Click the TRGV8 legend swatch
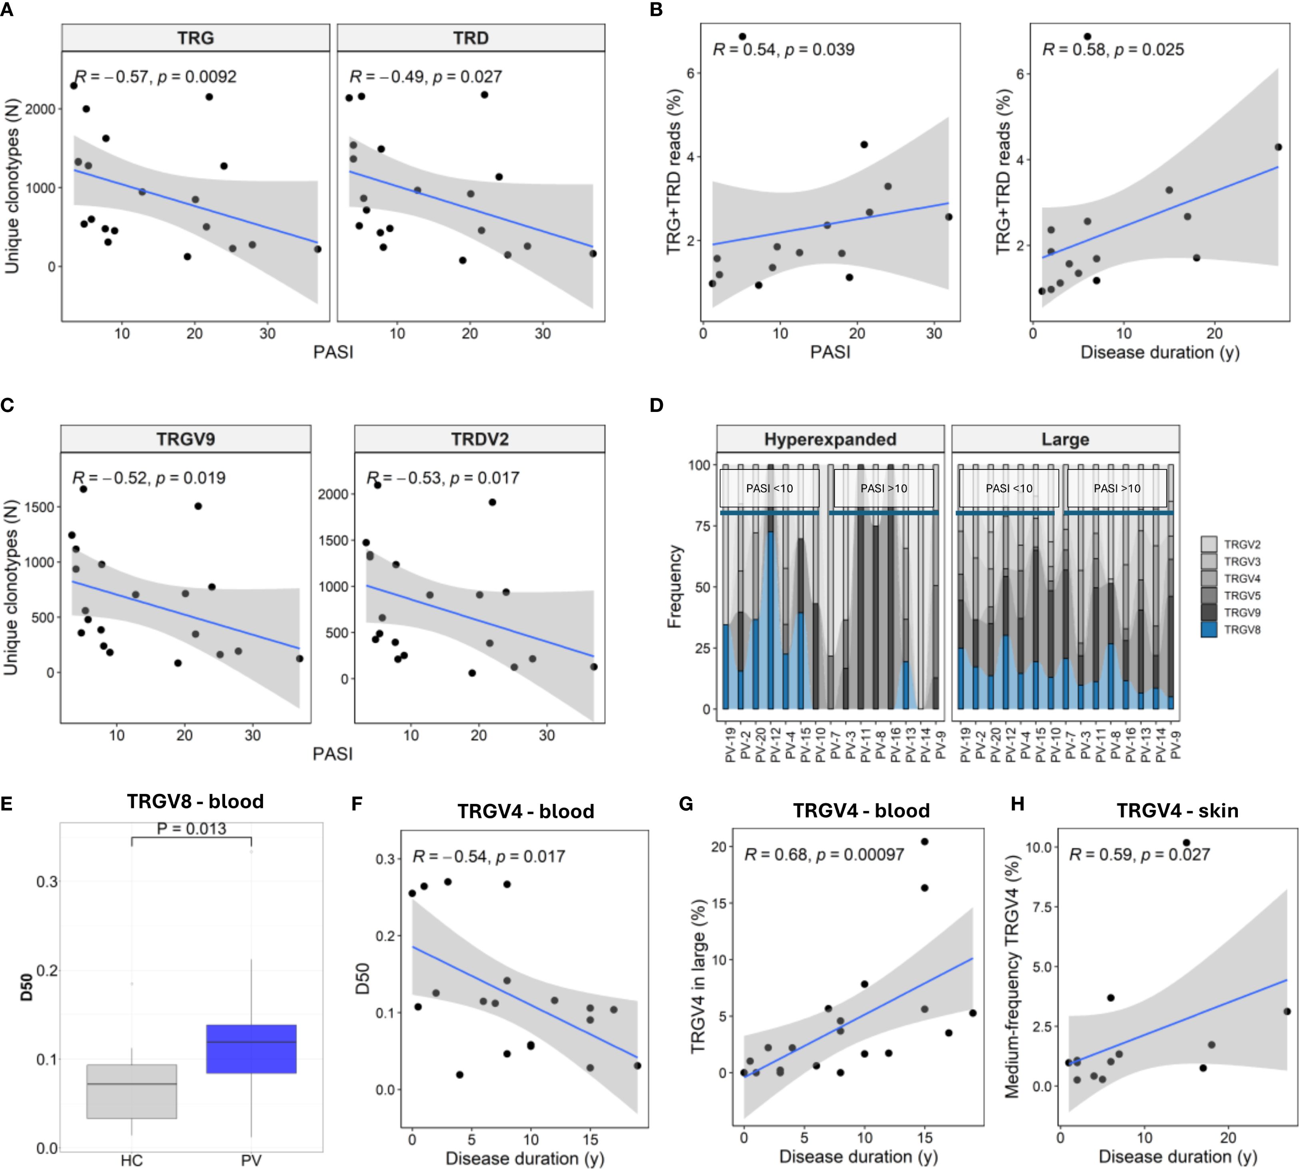[1209, 629]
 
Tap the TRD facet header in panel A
[471, 38]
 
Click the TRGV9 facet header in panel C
[186, 440]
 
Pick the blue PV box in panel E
[251, 1049]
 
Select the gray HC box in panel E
[132, 1091]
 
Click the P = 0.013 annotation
[192, 829]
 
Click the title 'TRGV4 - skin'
[1177, 811]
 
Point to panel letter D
[656, 405]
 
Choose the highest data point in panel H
[1186, 842]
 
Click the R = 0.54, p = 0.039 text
[783, 50]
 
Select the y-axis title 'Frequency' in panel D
[674, 586]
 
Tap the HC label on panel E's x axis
[132, 1160]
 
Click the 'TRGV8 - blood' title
[195, 801]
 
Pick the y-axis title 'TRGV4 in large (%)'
[698, 976]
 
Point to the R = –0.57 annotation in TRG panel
[156, 77]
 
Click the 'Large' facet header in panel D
[1065, 440]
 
